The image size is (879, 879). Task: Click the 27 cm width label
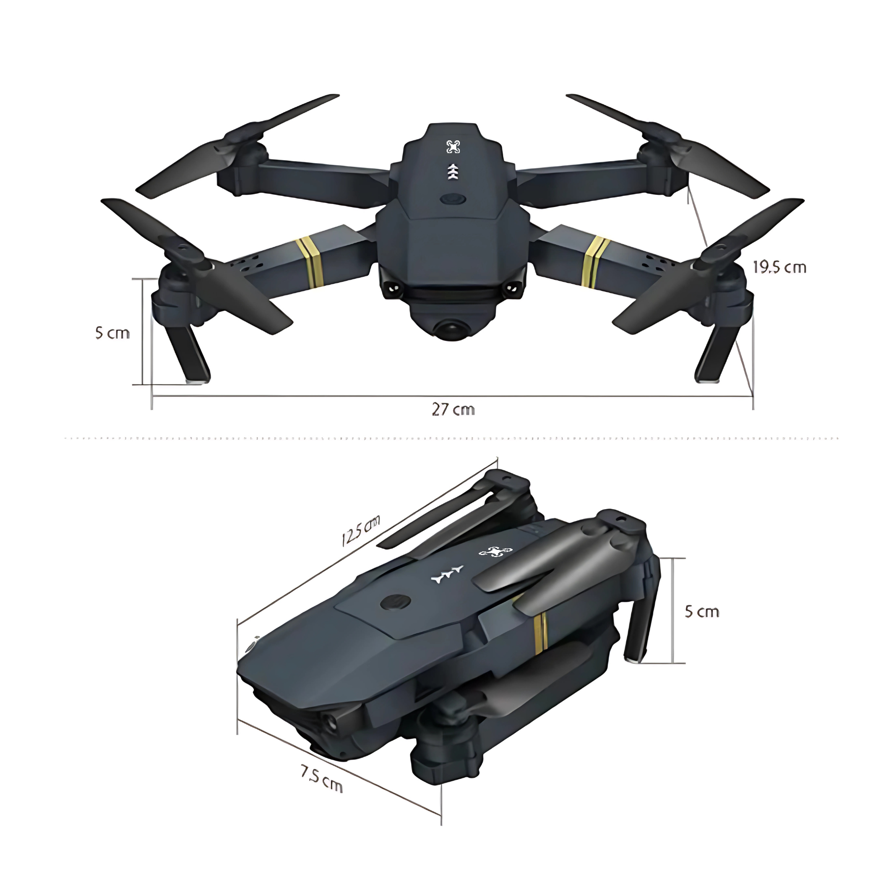point(453,409)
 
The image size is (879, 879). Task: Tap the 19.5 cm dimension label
point(779,268)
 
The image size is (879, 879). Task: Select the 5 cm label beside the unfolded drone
point(112,333)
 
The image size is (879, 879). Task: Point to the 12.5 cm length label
point(361,530)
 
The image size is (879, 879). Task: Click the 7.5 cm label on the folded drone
point(321,779)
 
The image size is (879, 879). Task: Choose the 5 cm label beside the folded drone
point(701,611)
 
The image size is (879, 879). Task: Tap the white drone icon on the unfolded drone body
point(453,147)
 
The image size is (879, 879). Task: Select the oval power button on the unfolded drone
point(452,199)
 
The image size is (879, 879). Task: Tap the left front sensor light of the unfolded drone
point(392,288)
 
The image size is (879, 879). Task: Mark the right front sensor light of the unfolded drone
point(511,288)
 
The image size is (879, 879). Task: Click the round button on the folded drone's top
point(395,603)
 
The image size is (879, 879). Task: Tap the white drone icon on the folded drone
point(495,552)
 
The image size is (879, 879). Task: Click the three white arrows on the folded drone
point(447,574)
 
